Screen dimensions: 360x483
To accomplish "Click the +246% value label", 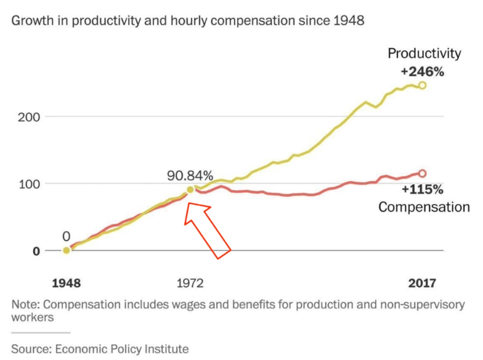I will pyautogui.click(x=421, y=71).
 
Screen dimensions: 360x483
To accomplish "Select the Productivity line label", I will pyautogui.click(x=424, y=54).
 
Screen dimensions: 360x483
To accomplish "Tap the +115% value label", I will pyautogui.click(x=422, y=189).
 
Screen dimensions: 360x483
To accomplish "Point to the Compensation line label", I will pyautogui.click(x=424, y=207).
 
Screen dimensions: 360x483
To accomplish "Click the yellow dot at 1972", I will pyautogui.click(x=190, y=190).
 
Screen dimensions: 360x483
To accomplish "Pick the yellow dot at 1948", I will pyautogui.click(x=67, y=250).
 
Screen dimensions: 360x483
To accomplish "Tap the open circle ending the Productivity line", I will pyautogui.click(x=422, y=86).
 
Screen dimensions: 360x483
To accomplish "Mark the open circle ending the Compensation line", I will pyautogui.click(x=422, y=174).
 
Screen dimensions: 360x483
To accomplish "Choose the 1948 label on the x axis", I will pyautogui.click(x=66, y=284).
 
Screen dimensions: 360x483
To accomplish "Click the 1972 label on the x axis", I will pyautogui.click(x=190, y=284).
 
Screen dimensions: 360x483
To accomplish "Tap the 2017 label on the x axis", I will pyautogui.click(x=421, y=284).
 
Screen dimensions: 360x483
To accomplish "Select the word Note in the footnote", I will pyautogui.click(x=25, y=305).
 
